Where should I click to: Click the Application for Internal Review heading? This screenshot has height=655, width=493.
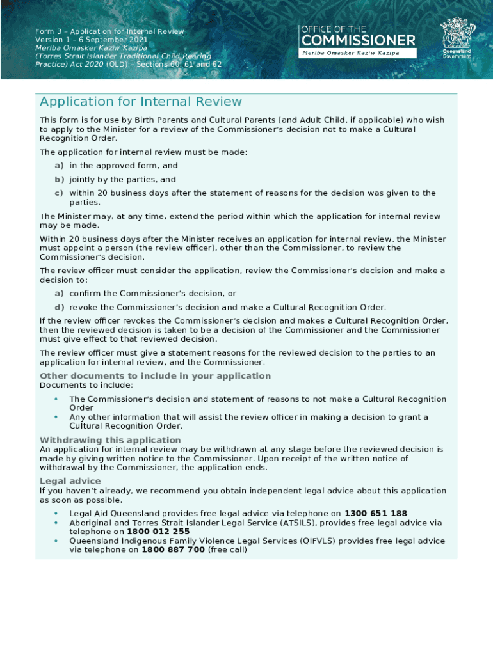pyautogui.click(x=141, y=102)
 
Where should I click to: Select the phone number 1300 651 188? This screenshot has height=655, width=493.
pyautogui.click(x=376, y=514)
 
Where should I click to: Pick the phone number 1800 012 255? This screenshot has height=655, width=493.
pyautogui.click(x=158, y=532)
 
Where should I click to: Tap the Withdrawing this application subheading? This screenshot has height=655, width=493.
pyautogui.click(x=110, y=440)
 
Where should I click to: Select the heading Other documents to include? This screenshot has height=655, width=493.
pyautogui.click(x=155, y=376)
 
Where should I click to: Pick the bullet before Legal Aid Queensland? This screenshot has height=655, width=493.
pyautogui.click(x=56, y=514)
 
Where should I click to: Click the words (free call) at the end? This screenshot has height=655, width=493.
pyautogui.click(x=227, y=549)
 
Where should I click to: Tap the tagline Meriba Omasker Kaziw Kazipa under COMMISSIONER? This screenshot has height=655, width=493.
pyautogui.click(x=351, y=52)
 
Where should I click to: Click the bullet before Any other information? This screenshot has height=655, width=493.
pyautogui.click(x=56, y=417)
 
